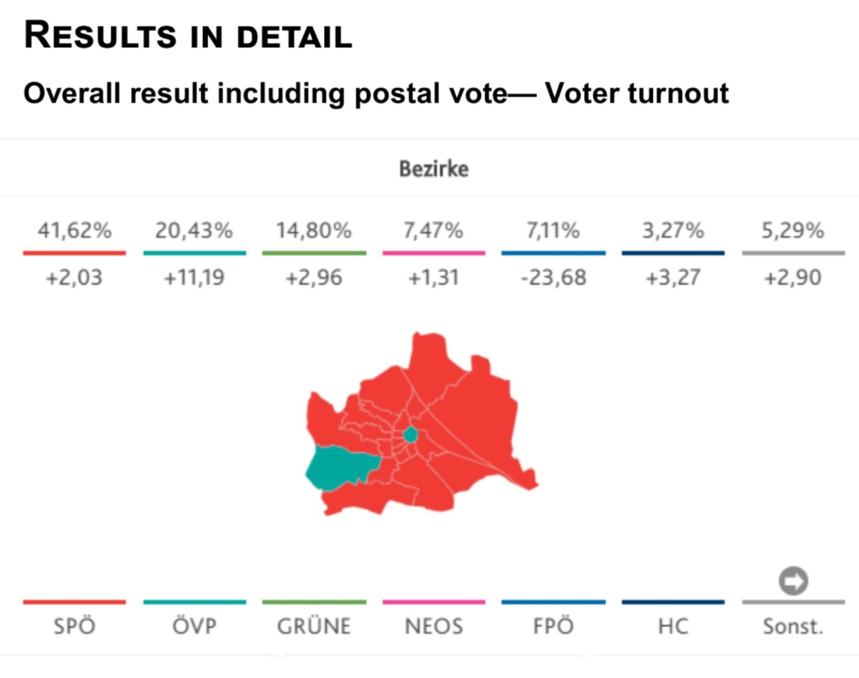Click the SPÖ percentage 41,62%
(75, 231)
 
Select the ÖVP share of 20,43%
(194, 231)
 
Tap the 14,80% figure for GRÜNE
(314, 231)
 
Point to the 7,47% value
(433, 231)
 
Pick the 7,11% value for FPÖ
(553, 231)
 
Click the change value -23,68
(553, 278)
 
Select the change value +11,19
(194, 278)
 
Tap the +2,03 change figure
(74, 278)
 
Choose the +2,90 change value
(793, 278)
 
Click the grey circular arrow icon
(793, 581)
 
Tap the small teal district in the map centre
(411, 435)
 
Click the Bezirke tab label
(433, 169)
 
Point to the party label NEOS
(433, 626)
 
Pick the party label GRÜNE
(314, 626)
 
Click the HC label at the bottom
(673, 626)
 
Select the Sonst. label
(793, 626)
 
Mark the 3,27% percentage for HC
(673, 231)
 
